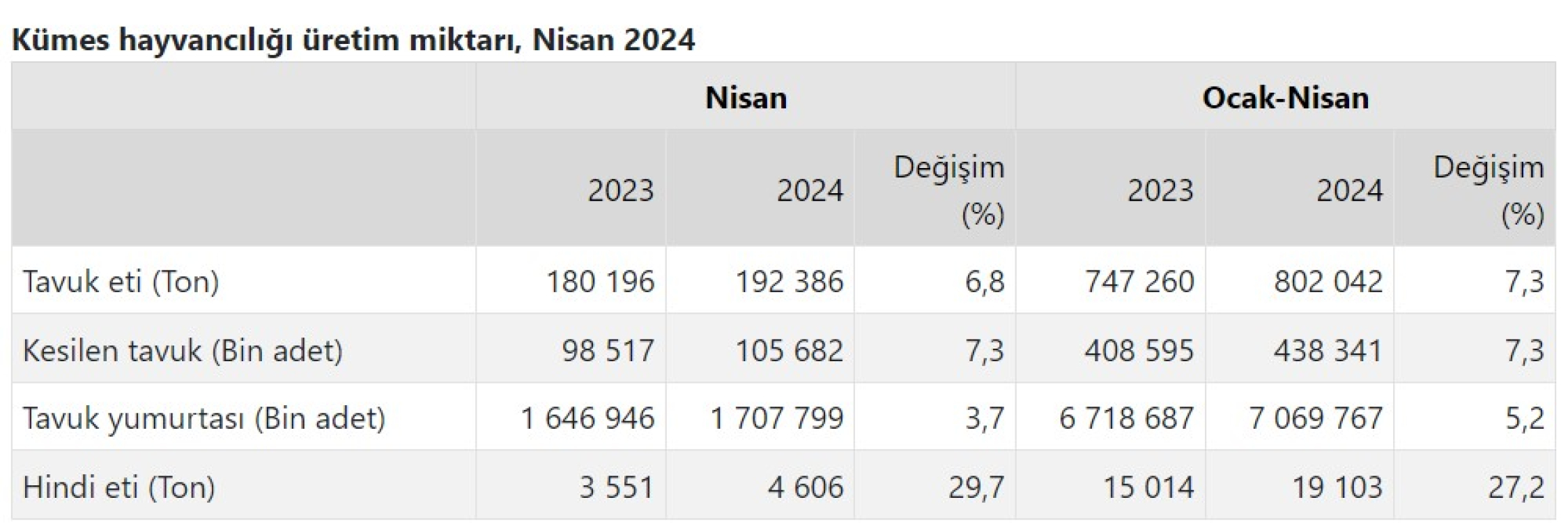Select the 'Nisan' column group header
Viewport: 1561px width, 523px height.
(x=746, y=98)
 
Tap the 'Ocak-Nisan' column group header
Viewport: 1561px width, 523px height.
(x=1285, y=98)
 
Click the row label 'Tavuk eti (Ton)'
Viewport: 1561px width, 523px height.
(x=121, y=282)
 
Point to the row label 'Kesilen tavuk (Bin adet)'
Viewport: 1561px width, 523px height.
(x=183, y=350)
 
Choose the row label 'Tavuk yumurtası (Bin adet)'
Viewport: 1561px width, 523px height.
(x=203, y=418)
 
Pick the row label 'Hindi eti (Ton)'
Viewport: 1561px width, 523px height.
(x=119, y=487)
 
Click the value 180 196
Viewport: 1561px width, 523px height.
(x=600, y=282)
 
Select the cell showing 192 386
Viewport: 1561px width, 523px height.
(x=790, y=282)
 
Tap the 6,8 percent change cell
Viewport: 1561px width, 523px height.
(x=984, y=282)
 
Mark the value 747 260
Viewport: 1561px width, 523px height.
(x=1139, y=282)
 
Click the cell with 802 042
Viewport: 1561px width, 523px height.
(x=1328, y=282)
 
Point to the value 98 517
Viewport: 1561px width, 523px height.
(x=608, y=350)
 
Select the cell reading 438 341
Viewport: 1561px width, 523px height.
(x=1328, y=350)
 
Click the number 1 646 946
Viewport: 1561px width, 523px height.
(x=587, y=418)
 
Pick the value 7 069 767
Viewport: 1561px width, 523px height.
(x=1316, y=418)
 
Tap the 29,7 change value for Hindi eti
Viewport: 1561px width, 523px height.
(x=976, y=487)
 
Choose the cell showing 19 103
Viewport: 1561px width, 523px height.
(x=1337, y=487)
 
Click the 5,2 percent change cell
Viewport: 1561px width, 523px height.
(x=1524, y=418)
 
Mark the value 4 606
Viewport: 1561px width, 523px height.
(x=806, y=487)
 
